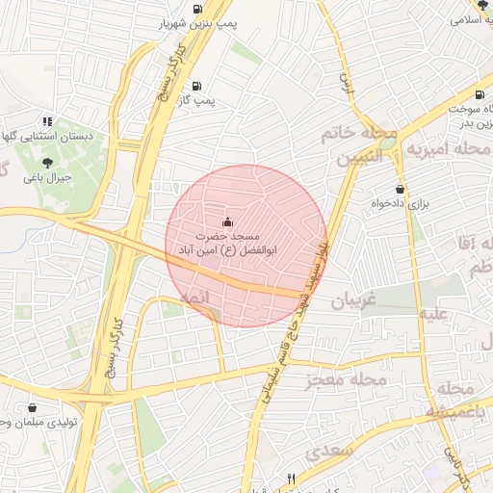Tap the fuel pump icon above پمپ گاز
197,85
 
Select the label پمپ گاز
198,99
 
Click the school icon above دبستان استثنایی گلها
46,122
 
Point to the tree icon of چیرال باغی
48,164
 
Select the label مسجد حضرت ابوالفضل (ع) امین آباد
227,243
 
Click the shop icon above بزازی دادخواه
400,189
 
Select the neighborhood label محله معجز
346,381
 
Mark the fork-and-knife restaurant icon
292,478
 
